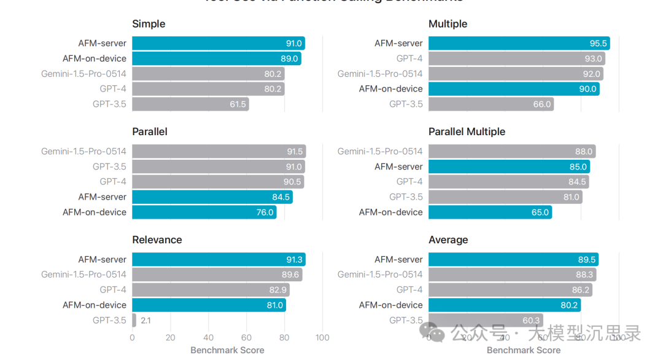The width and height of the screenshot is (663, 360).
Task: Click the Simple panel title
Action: pos(149,24)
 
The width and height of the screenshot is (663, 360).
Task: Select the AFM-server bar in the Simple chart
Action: pos(218,43)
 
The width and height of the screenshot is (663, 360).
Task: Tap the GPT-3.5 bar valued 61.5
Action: pos(190,104)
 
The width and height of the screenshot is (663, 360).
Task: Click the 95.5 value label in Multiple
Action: pos(598,44)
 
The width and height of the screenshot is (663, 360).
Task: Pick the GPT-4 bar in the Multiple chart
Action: pos(516,58)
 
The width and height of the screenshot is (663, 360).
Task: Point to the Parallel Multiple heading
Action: pos(467,131)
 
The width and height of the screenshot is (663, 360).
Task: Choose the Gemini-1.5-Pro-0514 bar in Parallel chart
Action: pos(219,151)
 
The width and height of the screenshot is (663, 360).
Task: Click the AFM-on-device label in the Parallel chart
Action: pos(95,212)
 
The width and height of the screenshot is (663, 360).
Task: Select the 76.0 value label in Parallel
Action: pos(264,213)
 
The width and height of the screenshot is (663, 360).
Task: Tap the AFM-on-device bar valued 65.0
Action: pos(490,212)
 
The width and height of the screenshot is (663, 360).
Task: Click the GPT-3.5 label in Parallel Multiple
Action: pos(406,197)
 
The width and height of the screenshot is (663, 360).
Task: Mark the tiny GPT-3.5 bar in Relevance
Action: pos(134,320)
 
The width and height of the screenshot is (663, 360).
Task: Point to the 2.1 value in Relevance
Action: pos(146,320)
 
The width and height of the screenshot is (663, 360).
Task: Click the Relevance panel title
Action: pos(157,240)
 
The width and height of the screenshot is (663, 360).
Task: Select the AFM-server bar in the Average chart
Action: pos(513,259)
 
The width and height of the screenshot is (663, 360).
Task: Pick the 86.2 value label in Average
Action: pos(580,290)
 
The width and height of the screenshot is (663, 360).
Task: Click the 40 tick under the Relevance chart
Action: pos(208,337)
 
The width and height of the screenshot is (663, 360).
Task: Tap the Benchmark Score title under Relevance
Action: pos(227,350)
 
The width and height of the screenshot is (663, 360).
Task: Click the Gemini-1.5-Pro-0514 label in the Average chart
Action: pos(380,275)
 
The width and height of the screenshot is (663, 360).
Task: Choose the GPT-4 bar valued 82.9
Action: pos(211,290)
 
